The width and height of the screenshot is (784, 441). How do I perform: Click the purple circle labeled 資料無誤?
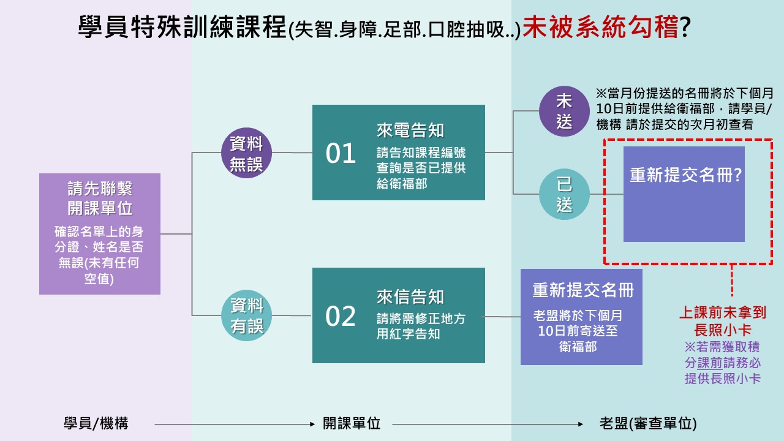tap(246, 153)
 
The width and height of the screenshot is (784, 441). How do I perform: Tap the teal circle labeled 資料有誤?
tap(246, 315)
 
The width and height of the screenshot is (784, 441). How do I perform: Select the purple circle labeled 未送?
tap(564, 111)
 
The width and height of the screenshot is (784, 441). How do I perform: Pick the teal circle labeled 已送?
tap(564, 194)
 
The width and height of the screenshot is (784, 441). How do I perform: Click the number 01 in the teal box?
tap(341, 154)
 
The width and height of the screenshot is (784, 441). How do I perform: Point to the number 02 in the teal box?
tap(341, 317)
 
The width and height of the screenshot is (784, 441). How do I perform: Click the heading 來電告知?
tap(410, 130)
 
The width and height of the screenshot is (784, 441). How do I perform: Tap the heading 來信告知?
tap(410, 297)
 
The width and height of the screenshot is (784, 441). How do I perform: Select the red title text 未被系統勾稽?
tap(601, 26)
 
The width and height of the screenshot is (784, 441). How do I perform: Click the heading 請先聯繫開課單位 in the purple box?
tap(100, 198)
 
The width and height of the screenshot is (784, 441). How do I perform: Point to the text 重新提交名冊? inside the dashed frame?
tap(685, 175)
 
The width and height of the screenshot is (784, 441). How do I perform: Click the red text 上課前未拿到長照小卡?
tap(723, 321)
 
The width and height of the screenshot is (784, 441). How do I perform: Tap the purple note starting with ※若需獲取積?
tap(723, 363)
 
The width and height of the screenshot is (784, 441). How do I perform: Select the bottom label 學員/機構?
tap(96, 423)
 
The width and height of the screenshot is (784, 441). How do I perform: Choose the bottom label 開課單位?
tap(352, 423)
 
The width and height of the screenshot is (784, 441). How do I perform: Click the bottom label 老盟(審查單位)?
tap(648, 423)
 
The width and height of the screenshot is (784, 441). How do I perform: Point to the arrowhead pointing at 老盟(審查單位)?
tap(581, 424)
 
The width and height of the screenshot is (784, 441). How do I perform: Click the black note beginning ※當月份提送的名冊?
tap(685, 109)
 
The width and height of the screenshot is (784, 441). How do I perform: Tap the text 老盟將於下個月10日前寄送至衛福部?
tap(578, 331)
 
